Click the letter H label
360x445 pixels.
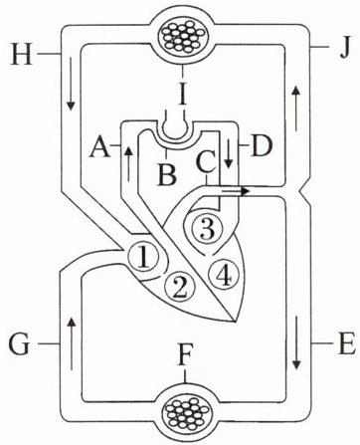click(x=22, y=53)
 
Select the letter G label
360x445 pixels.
click(x=20, y=344)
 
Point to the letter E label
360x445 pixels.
click(x=345, y=343)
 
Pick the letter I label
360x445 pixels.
click(x=182, y=95)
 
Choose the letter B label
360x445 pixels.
click(x=167, y=173)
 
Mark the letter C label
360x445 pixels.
click(x=206, y=161)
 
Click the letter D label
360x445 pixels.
click(x=263, y=145)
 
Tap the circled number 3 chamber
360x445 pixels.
click(x=208, y=229)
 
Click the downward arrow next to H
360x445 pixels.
click(x=71, y=84)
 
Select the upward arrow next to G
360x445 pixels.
click(x=71, y=343)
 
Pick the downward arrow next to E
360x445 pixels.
click(x=296, y=342)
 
